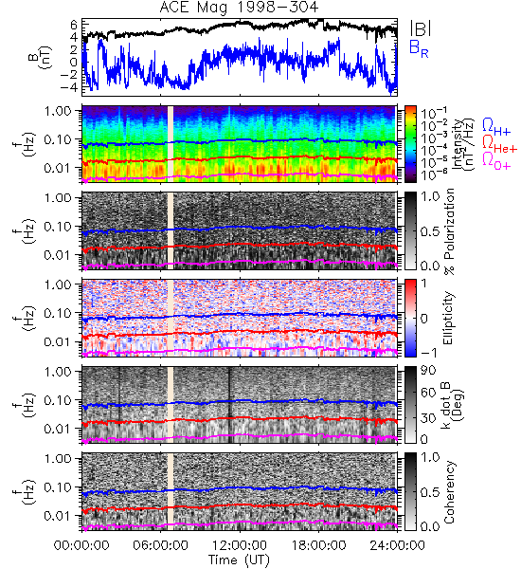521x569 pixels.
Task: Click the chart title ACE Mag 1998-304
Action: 239,8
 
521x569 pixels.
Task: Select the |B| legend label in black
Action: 421,28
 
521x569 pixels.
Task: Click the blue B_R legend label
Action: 419,49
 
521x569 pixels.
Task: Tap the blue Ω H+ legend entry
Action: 496,127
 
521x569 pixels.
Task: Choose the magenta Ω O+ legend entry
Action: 496,161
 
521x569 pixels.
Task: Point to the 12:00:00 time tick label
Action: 240,545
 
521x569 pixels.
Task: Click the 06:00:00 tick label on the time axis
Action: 160,545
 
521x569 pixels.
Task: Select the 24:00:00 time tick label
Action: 397,545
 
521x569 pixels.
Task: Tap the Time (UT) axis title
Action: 239,560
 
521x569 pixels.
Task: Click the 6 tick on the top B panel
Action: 74,25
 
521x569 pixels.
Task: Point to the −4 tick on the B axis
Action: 69,87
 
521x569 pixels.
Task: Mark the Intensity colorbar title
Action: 464,144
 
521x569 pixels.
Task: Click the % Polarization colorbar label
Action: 449,230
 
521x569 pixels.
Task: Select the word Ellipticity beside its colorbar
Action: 448,318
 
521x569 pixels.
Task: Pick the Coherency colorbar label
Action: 449,492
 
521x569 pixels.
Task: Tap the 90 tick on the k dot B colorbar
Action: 428,371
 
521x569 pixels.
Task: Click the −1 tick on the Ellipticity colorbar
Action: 428,352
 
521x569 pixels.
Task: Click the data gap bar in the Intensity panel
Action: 171,144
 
